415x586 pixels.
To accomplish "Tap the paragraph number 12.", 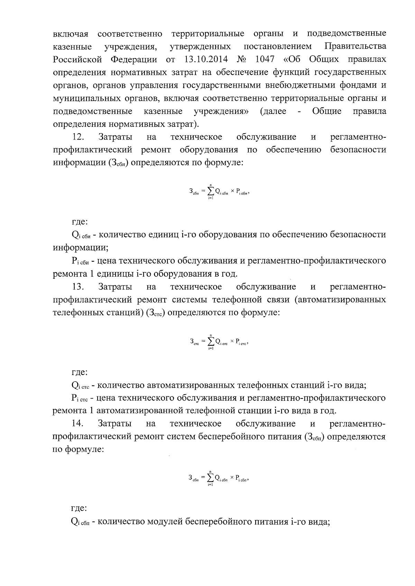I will click(x=78, y=137).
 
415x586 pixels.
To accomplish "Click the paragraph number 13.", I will click(x=78, y=287).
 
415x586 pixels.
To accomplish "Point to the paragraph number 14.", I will click(x=78, y=423).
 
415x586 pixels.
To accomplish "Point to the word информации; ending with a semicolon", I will click(x=81, y=248).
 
